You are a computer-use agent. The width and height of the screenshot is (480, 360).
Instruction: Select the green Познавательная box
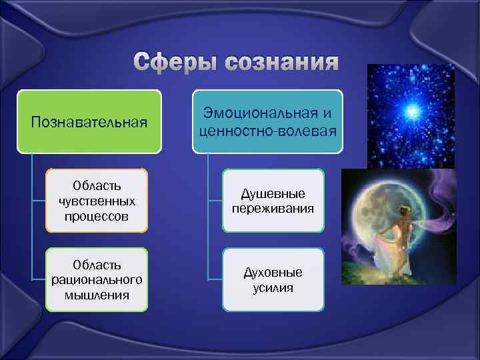click(x=90, y=121)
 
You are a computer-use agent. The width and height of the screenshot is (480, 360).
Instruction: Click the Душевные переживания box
click(x=273, y=201)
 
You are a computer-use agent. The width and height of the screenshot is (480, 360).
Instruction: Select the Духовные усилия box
click(x=273, y=280)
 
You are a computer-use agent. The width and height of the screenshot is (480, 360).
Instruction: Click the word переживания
click(x=273, y=208)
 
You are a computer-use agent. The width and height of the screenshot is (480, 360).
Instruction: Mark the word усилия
click(x=273, y=287)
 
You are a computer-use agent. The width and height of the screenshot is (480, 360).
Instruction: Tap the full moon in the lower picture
click(x=381, y=220)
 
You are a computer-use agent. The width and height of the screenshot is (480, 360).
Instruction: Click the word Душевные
click(x=273, y=193)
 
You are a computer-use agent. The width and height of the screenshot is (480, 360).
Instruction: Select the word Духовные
click(x=273, y=273)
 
